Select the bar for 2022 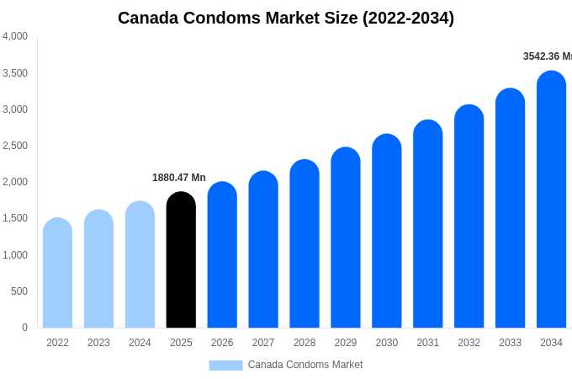point(57,273)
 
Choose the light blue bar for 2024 point(140,264)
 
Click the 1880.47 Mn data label point(178,178)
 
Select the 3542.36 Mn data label point(547,56)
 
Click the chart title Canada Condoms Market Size point(286,18)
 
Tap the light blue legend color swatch point(225,366)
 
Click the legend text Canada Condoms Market point(305,365)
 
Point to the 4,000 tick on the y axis point(15,36)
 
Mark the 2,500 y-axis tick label point(15,146)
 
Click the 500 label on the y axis point(19,291)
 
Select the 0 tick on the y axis point(24,328)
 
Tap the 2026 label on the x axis point(222,343)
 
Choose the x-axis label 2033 point(510,343)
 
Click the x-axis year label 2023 point(98,343)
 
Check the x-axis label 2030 point(386,343)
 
